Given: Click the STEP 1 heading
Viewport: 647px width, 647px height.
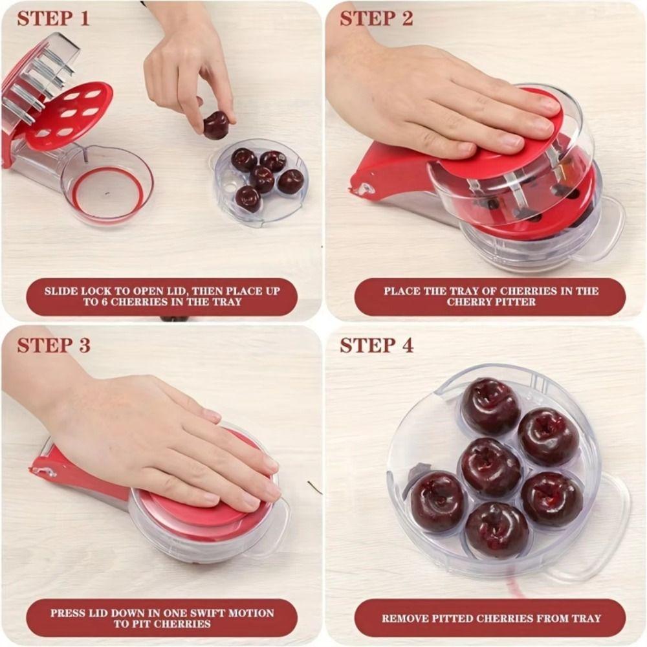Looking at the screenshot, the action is pos(53,19).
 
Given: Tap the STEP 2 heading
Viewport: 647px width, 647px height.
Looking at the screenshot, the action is pos(377,19).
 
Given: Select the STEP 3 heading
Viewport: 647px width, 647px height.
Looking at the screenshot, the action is pos(54,345).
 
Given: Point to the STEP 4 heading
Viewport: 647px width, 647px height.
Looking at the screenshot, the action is pos(377,345).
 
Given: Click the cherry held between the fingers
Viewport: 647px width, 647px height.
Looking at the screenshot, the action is pos(216,125).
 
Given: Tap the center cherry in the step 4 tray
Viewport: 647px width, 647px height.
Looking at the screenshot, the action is pos(490,468).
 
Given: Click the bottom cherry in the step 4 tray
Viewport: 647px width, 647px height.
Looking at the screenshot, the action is pos(498,531).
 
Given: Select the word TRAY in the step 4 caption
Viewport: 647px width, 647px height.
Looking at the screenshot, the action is pos(585,618).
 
